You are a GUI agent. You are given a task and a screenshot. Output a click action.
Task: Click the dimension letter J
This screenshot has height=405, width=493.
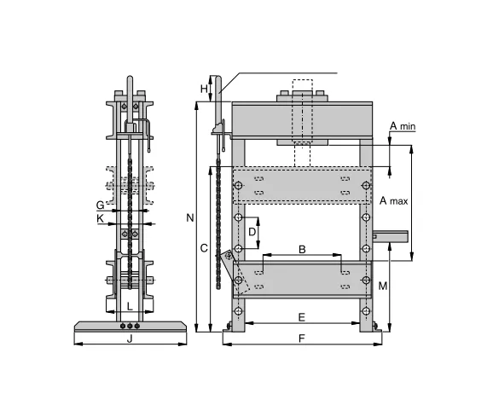coord(129,338)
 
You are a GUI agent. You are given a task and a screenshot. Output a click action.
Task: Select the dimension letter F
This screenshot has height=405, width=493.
coord(302,338)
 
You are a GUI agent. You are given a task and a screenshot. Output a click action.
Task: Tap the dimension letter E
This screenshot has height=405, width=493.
coord(302,317)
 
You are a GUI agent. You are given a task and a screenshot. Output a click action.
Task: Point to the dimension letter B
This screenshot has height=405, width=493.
coord(302,249)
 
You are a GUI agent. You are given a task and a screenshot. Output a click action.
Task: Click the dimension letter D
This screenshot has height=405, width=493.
coord(252,231)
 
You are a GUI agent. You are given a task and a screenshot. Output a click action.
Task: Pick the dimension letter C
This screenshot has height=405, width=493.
coord(203,248)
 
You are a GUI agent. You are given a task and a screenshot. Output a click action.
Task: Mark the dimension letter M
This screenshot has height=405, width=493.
coord(383,286)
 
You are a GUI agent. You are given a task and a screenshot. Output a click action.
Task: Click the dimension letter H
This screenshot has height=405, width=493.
coord(204,88)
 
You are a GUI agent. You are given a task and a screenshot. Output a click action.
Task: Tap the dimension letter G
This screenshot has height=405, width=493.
coord(100,205)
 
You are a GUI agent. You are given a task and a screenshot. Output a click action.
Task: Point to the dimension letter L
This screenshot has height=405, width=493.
coord(129,305)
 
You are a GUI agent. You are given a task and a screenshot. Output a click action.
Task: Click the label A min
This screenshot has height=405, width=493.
coord(403,127)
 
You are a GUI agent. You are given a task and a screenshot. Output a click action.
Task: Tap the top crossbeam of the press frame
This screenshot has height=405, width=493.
coord(302,119)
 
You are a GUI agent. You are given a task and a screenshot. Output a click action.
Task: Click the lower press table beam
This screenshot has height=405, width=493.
coord(302,279)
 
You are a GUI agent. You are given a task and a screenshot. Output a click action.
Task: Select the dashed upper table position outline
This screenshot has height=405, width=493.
coord(302,185)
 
